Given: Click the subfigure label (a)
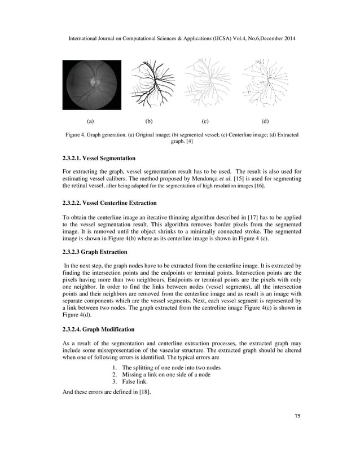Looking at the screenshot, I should click(90, 121).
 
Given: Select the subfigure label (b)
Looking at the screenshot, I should click(149, 121).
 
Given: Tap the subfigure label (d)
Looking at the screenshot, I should click(265, 121).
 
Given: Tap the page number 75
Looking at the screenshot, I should click(297, 416).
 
